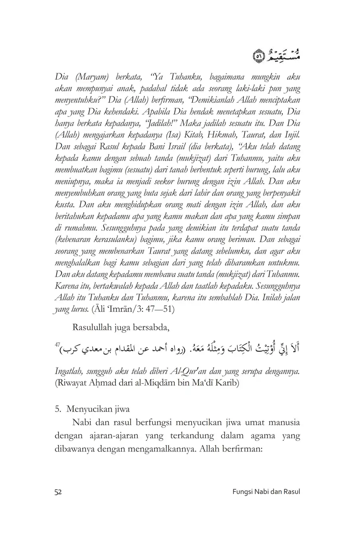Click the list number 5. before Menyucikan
[58, 410]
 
